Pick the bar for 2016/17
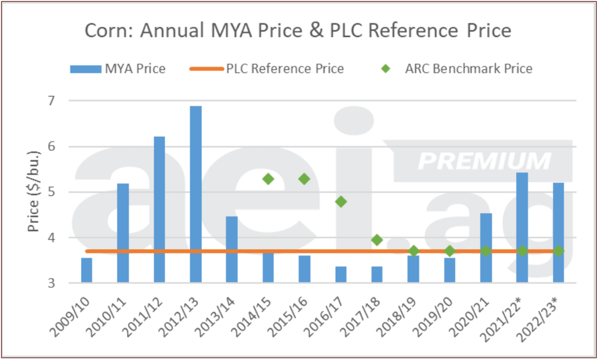click(341, 274)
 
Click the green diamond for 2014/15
click(268, 179)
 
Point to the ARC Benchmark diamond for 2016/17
click(341, 201)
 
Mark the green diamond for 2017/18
click(377, 240)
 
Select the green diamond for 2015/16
click(304, 179)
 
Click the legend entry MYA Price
click(135, 69)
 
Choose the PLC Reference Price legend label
click(285, 69)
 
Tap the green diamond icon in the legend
click(386, 69)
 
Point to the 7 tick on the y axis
click(51, 101)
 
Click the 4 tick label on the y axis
click(51, 238)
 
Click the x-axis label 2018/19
click(396, 316)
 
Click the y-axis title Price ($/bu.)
click(34, 192)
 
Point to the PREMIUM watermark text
click(484, 161)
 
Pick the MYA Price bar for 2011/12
click(159, 209)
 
